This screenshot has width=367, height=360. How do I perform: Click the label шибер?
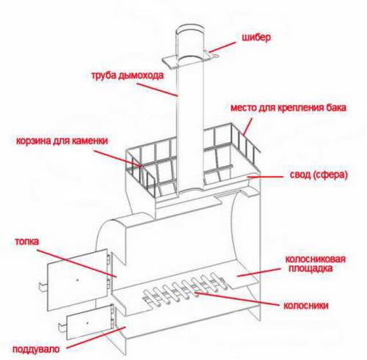tap(256, 38)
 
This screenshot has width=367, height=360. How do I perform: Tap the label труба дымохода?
tap(127, 76)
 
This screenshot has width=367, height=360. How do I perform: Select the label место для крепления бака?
tap(288, 108)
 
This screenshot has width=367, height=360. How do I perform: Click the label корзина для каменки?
tap(62, 141)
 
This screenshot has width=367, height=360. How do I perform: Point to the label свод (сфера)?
tap(319, 175)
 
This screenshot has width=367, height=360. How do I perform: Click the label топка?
tap(27, 241)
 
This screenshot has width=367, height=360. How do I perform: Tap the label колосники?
tap(306, 306)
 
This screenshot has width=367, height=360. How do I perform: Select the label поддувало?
tap(36, 349)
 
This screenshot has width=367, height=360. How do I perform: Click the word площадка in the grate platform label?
tap(310, 268)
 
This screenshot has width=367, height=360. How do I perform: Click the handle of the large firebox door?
tap(43, 287)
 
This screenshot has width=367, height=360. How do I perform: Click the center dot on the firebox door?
tap(78, 280)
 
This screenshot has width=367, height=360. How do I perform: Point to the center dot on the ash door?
tap(87, 323)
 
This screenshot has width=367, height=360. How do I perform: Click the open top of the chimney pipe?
tap(189, 29)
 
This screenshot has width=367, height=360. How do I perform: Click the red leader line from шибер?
tap(222, 47)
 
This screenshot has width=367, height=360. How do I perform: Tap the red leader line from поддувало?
tap(96, 337)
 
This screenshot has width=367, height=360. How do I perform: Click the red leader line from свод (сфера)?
tap(265, 176)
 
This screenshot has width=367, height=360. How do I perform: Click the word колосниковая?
tap(316, 259)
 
